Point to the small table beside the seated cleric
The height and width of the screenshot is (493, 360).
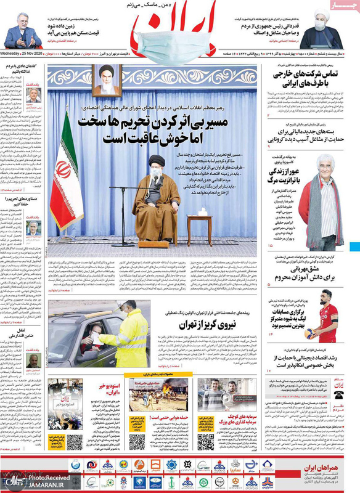(198, 228)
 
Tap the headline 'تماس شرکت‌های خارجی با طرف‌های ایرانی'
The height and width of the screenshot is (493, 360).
(302, 84)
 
